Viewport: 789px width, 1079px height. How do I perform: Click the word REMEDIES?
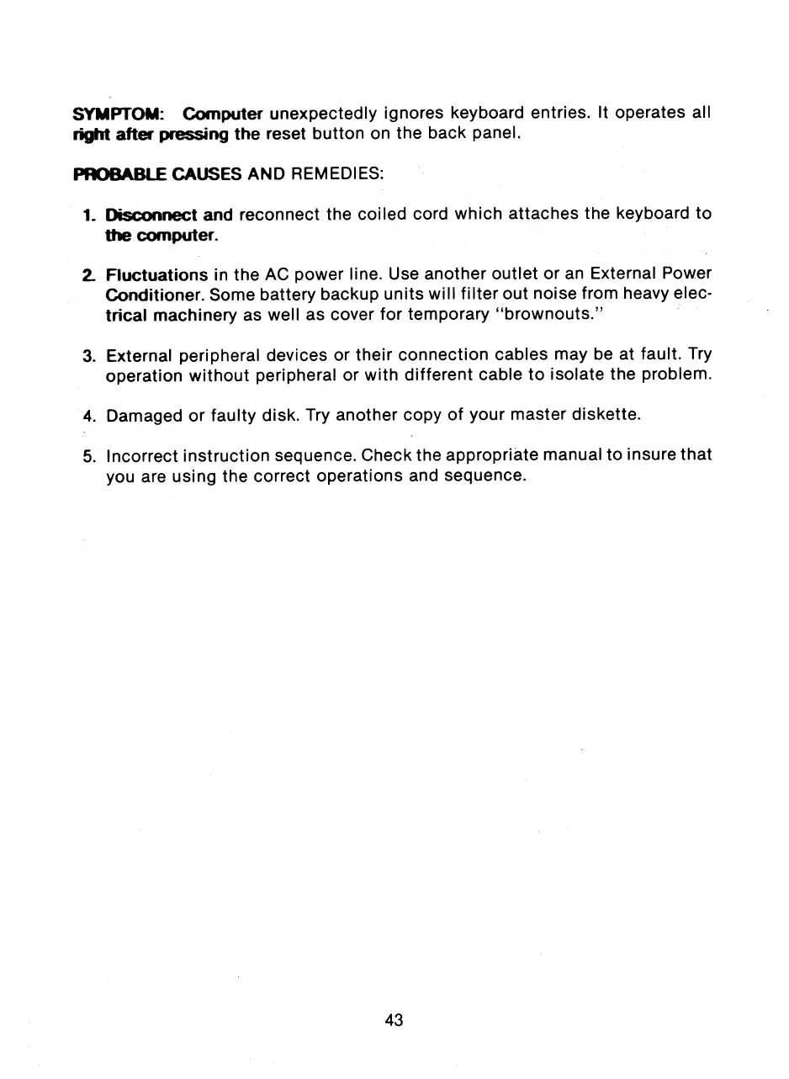346,174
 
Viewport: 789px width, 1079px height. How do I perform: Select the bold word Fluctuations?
156,275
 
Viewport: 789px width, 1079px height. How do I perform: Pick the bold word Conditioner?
155,295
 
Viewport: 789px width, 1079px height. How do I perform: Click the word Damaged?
141,415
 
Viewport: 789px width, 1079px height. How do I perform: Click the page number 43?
394,1020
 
